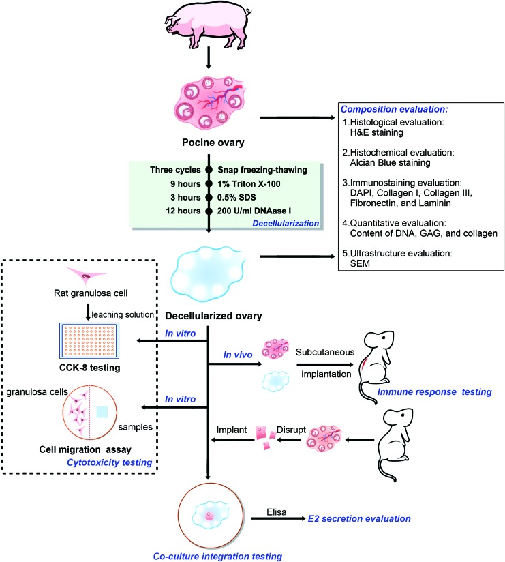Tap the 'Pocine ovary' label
pyautogui.click(x=213, y=143)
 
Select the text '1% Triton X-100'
pyautogui.click(x=249, y=184)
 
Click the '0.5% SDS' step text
pyautogui.click(x=236, y=198)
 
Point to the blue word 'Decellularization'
pyautogui.click(x=286, y=223)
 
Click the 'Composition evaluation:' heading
pyautogui.click(x=394, y=109)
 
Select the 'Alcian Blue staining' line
pyautogui.click(x=390, y=163)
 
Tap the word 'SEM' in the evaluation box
pyautogui.click(x=360, y=263)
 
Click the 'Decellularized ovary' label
pyautogui.click(x=213, y=316)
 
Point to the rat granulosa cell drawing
pyautogui.click(x=87, y=276)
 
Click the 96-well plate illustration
pyautogui.click(x=89, y=340)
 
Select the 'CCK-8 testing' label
pyautogui.click(x=89, y=368)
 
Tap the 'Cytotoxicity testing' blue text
pyautogui.click(x=110, y=462)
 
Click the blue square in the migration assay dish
pyautogui.click(x=102, y=412)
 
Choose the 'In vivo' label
pyautogui.click(x=237, y=355)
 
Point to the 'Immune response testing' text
pyautogui.click(x=434, y=391)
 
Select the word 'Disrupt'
pyautogui.click(x=291, y=430)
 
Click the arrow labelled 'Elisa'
pyautogui.click(x=279, y=518)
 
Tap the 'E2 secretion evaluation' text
pyautogui.click(x=359, y=518)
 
